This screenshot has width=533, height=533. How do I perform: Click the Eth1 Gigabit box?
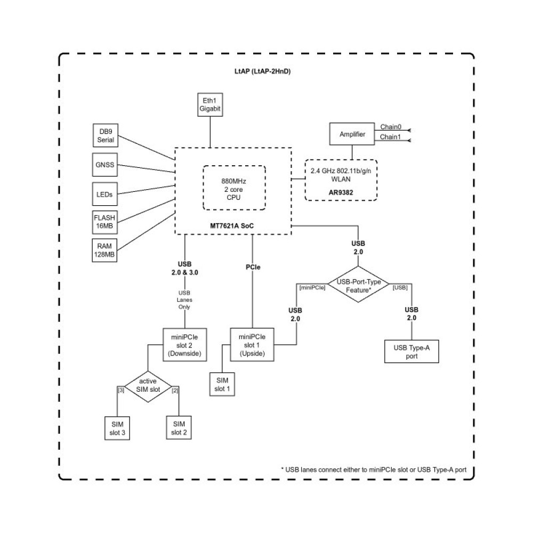pos(209,104)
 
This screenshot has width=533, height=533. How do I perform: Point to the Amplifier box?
pos(352,134)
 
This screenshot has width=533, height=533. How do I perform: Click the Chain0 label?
pos(390,127)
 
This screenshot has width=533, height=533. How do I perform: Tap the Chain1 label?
pos(390,138)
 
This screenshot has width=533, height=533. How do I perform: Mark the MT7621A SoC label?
pos(233,226)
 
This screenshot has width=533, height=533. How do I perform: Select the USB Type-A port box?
pos(411,352)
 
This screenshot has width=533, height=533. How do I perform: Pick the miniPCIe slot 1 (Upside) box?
pos(252,345)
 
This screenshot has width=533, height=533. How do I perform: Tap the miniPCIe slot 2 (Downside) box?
pos(184,345)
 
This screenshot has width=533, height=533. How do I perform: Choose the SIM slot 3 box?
pos(118,427)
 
